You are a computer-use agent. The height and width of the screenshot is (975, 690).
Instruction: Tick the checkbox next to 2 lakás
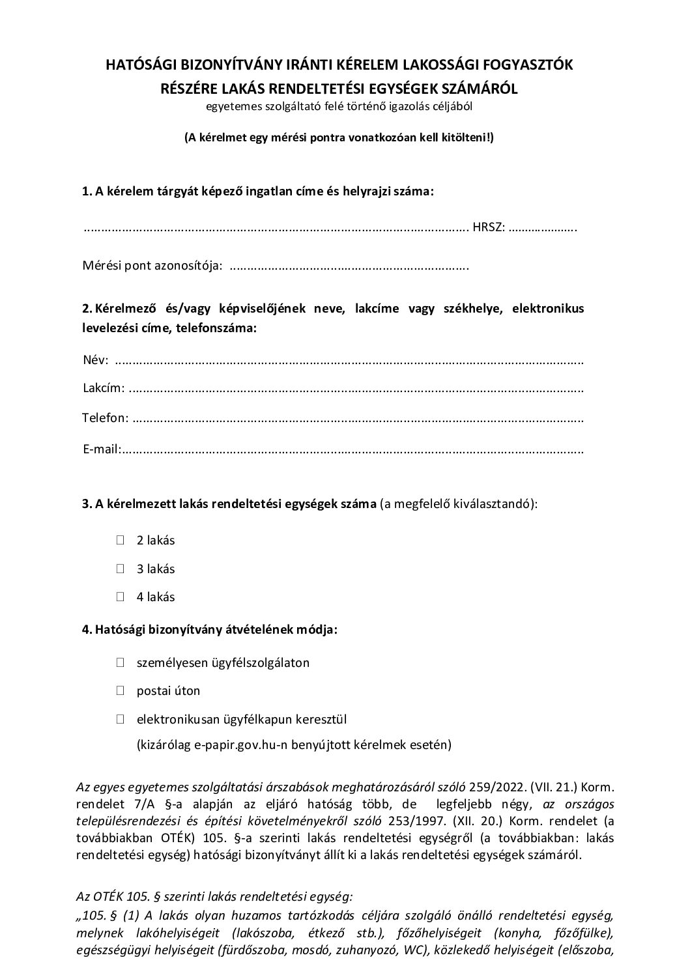tap(121, 540)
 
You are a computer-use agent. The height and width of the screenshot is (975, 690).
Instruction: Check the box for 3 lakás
tap(121, 569)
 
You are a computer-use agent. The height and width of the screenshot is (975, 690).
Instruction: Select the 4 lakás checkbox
tap(121, 597)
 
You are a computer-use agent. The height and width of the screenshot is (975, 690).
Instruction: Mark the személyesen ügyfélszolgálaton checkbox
tap(121, 663)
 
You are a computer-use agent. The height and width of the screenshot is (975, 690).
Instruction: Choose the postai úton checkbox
tap(121, 691)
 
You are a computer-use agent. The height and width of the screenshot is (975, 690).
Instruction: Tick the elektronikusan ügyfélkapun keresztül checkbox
tap(121, 720)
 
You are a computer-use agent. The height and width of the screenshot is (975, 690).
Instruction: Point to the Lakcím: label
tap(104, 388)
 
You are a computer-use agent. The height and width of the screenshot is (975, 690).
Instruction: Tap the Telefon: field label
tap(106, 417)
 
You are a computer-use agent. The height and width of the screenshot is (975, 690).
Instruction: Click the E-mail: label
tap(102, 449)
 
